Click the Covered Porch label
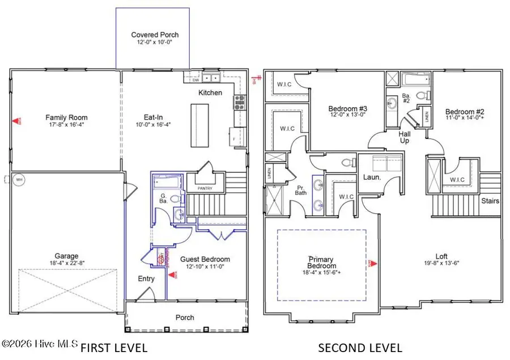pyautogui.click(x=151, y=35)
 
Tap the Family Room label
pyautogui.click(x=67, y=118)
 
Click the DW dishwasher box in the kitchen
pyautogui.click(x=195, y=80)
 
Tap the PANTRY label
pyautogui.click(x=204, y=188)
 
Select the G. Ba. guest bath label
pyautogui.click(x=163, y=198)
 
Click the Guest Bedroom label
pyautogui.click(x=205, y=260)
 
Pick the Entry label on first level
pyautogui.click(x=146, y=279)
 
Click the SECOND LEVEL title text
pyautogui.click(x=360, y=348)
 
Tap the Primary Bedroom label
pyautogui.click(x=321, y=262)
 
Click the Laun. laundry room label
pyautogui.click(x=371, y=177)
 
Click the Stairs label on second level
pyautogui.click(x=490, y=201)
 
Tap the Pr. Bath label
pyautogui.click(x=300, y=189)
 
